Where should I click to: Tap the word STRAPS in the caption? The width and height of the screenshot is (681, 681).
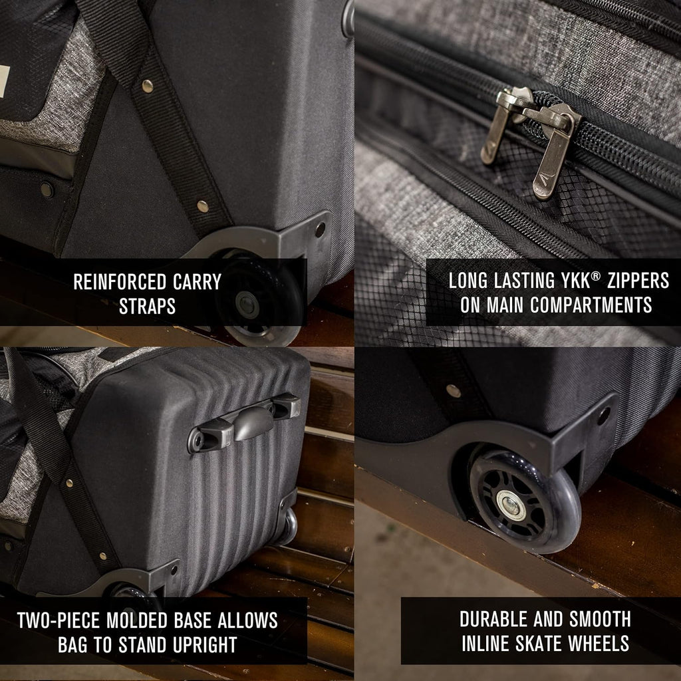click(147, 307)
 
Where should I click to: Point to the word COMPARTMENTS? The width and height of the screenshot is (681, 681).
click(591, 305)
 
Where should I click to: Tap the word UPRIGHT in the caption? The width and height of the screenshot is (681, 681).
click(205, 645)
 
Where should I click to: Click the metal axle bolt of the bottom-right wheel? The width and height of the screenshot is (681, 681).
click(511, 506)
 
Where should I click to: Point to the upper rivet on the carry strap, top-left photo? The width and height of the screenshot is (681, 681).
click(148, 86)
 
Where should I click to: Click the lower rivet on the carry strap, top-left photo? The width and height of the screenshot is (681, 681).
click(202, 206)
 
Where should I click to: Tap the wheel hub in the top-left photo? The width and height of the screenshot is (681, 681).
click(247, 305)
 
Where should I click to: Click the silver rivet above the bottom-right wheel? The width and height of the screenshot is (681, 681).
click(454, 391)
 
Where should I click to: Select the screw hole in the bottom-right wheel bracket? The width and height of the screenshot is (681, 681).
click(604, 416)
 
